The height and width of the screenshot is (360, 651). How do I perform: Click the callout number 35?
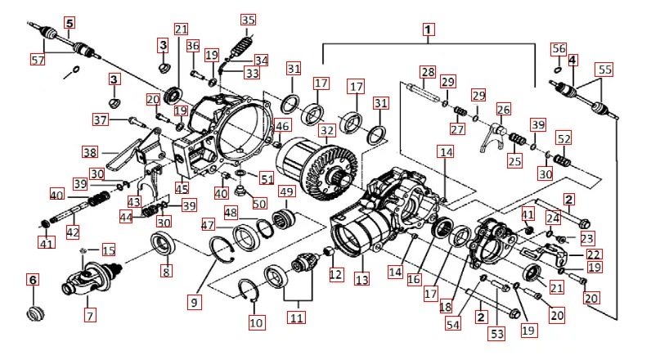pos(248,20)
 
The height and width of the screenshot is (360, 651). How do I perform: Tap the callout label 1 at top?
pos(427,29)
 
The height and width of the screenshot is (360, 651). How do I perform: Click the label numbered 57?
pos(38,60)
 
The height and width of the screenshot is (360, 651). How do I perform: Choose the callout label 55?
pos(605,70)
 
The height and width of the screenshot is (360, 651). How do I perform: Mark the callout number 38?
pos(90,151)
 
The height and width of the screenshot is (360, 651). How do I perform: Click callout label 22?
pos(594,254)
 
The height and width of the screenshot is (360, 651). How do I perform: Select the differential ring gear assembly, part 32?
pos(315,164)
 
